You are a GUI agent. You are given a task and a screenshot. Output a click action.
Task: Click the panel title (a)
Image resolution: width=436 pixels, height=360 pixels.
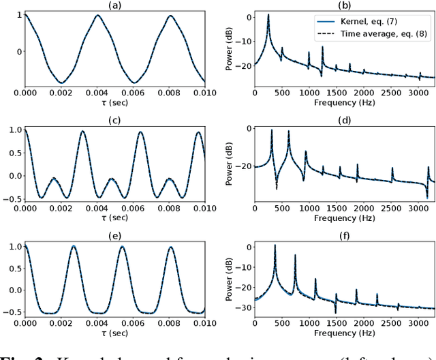tap(114, 5)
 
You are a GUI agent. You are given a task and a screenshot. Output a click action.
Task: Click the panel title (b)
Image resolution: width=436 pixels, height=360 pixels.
tap(344, 5)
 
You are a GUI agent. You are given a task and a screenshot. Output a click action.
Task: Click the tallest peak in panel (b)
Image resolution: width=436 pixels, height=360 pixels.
tap(268, 14)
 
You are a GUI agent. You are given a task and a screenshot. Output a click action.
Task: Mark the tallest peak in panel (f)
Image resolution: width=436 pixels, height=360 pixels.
tap(275, 245)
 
